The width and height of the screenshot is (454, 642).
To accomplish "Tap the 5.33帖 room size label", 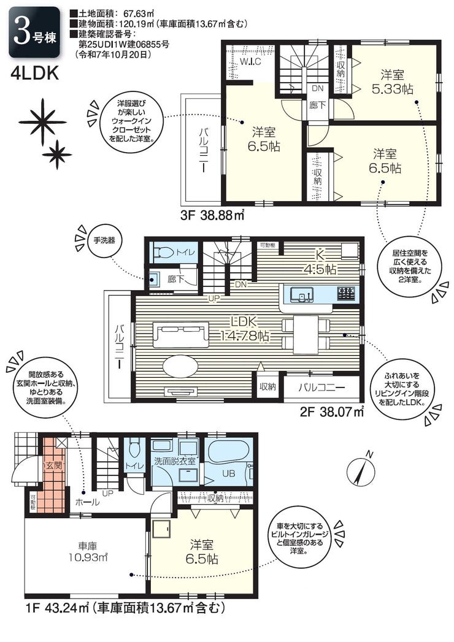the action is pos(392,90).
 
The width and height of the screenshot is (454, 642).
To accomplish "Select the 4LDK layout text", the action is pos(35,74).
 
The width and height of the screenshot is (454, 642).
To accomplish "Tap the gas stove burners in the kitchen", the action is pos(346,293).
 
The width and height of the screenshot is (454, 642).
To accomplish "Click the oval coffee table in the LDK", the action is pos(181,365).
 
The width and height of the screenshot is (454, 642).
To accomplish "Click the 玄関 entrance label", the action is pos(52,465).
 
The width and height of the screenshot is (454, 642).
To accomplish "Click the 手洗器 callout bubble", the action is pos(104,240).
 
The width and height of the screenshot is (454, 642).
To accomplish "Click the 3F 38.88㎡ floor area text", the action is pos(212,215).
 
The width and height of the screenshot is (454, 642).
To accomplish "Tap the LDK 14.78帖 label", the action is pos(245,329).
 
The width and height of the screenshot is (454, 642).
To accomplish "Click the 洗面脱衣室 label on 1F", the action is pos(175,460).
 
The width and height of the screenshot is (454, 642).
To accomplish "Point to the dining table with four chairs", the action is pos(306,334).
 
